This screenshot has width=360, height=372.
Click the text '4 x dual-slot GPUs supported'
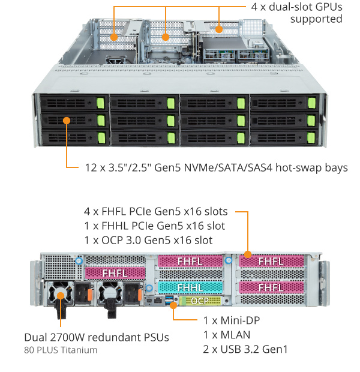tap(296, 13)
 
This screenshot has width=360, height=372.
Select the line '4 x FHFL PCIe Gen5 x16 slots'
tap(156, 211)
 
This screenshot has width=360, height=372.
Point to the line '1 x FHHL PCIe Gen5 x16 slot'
tap(154, 226)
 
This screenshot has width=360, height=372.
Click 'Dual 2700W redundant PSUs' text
tap(96, 337)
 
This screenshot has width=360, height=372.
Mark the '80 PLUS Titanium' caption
tap(61, 350)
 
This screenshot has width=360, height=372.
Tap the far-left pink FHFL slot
tap(115, 272)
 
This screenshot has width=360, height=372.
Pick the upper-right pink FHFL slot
tap(270, 261)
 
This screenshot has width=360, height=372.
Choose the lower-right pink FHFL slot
tap(270, 287)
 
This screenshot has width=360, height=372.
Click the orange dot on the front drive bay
tap(67, 120)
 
